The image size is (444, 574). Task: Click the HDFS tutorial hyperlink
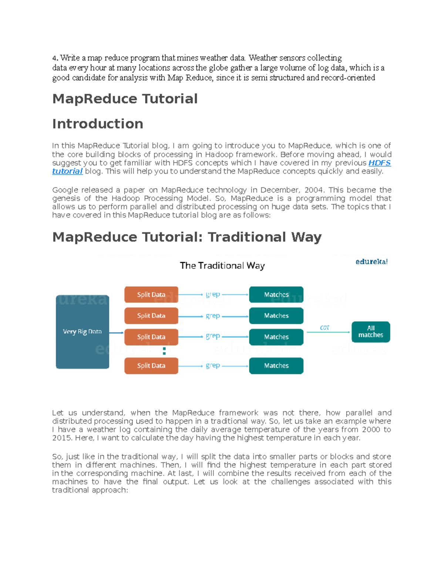379,163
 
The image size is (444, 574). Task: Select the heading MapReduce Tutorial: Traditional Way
187,237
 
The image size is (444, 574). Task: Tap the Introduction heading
98,124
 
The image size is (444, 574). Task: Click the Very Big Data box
82,332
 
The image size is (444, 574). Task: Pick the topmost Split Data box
151,295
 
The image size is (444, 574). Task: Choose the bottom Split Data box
151,366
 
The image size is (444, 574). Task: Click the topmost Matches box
276,295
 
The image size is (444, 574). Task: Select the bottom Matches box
276,366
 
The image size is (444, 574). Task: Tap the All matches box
370,332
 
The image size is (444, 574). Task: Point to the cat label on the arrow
324,327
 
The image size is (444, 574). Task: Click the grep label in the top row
213,294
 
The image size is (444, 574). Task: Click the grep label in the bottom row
213,365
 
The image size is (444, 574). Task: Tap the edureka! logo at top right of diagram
371,262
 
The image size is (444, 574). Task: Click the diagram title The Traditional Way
222,265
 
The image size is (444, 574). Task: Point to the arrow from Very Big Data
117,333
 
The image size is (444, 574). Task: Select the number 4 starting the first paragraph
54,58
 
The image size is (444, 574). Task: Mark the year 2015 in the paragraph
62,438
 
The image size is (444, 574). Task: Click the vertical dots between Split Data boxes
164,351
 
